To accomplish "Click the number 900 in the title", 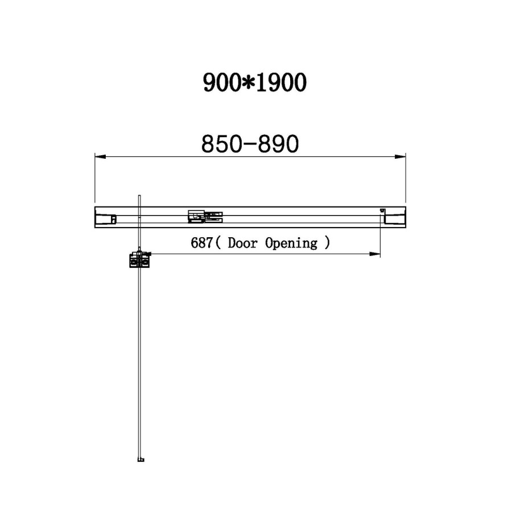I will tap(222, 83).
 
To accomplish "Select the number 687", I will tap(202, 243).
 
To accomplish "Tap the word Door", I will tap(243, 243).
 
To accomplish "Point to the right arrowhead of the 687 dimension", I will tap(375, 253).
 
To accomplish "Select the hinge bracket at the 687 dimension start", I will tap(140, 259).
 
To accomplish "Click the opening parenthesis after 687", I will tap(218, 243).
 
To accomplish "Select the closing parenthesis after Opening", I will tap(326, 243).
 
